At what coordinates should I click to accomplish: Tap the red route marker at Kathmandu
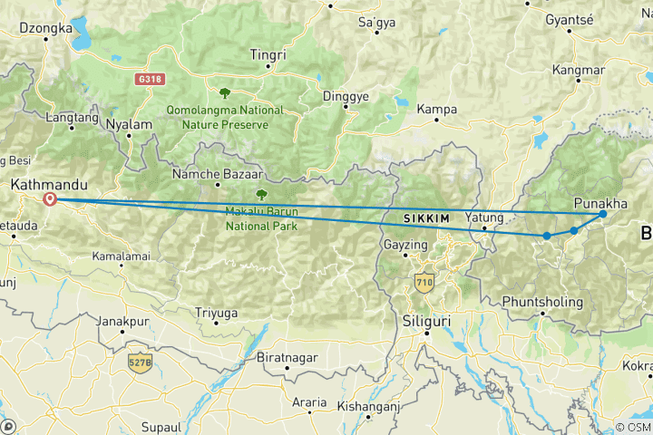click(50, 199)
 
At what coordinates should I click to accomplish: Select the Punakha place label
click(600, 204)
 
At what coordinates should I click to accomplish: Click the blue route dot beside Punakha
click(603, 214)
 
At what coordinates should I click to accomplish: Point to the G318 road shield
click(150, 80)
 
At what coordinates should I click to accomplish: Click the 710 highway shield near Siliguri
click(424, 283)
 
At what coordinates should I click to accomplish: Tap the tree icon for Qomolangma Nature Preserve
click(224, 92)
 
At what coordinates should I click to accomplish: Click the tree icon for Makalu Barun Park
click(261, 194)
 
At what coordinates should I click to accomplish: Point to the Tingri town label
click(268, 54)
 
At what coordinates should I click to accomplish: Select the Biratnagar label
click(288, 357)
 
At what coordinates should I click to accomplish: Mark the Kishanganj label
click(368, 407)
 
